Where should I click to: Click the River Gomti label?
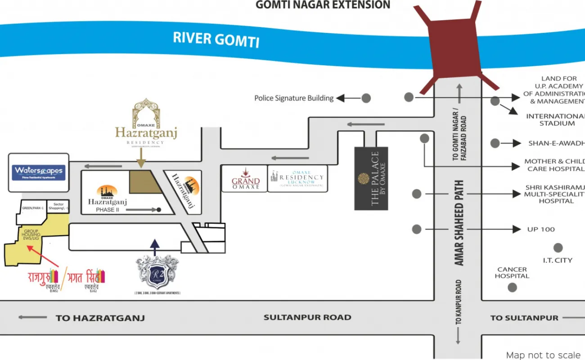click(x=216, y=39)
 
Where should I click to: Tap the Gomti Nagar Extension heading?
click(x=323, y=5)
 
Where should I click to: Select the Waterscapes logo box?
click(x=39, y=172)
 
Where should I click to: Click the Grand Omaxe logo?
click(x=246, y=179)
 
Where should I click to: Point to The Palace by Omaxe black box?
click(x=371, y=178)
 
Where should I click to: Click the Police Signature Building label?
click(x=294, y=98)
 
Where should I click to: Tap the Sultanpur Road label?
click(x=307, y=317)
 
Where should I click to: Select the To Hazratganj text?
click(x=100, y=318)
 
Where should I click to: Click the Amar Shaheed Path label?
click(x=459, y=223)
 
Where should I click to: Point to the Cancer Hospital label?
click(x=512, y=273)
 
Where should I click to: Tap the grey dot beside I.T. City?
click(x=558, y=247)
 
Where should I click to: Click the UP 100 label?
click(x=541, y=229)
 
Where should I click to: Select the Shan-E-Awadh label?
click(x=556, y=143)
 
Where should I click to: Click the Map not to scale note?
click(x=543, y=355)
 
